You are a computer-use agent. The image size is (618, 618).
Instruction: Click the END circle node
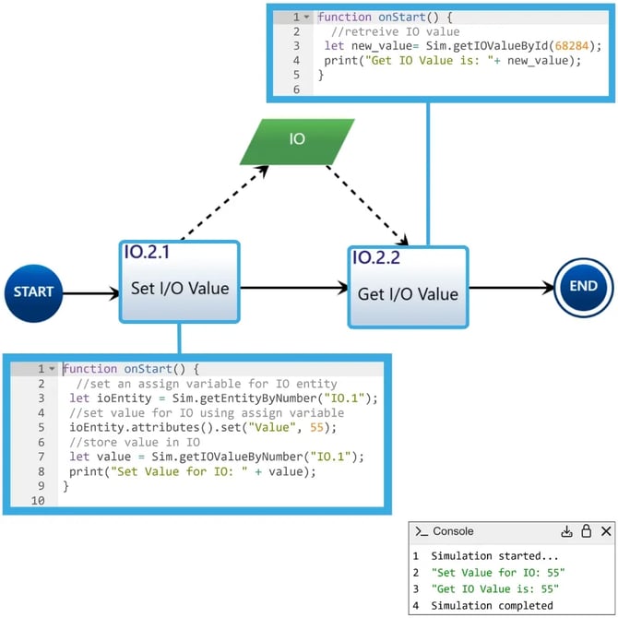(x=583, y=287)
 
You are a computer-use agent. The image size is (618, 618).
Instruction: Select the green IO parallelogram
(x=296, y=139)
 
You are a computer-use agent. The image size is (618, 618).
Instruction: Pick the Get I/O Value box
(x=409, y=295)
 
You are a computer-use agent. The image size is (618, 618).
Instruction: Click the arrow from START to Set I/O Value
(x=92, y=293)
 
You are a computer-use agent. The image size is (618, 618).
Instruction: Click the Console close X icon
(x=606, y=531)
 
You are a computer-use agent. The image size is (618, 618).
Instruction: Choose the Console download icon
(x=566, y=531)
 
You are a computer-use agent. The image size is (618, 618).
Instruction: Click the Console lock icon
(x=586, y=531)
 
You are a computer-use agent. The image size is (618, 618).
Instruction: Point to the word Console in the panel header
(x=453, y=531)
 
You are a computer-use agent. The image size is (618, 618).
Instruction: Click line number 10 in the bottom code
(x=38, y=501)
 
